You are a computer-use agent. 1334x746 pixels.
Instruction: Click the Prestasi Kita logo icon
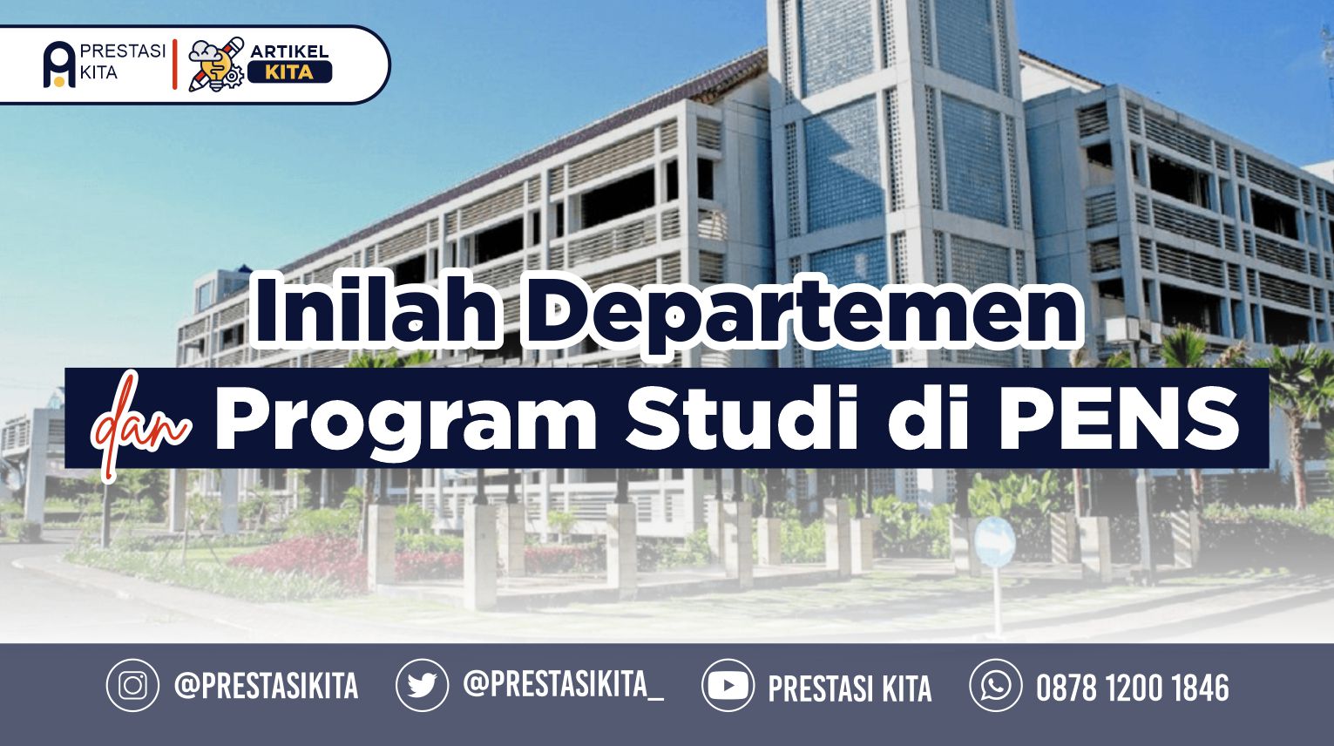coord(59,64)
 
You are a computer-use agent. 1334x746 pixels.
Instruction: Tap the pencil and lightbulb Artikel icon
coord(216,64)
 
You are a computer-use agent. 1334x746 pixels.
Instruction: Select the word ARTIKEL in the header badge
coord(289,51)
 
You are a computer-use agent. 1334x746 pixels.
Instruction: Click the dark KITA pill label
coord(289,72)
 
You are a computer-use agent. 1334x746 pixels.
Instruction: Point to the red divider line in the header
coord(175,64)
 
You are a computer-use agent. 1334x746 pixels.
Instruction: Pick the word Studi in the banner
coord(741,417)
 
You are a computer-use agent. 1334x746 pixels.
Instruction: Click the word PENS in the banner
coord(1119,417)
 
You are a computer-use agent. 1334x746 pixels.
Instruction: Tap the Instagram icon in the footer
coord(132,685)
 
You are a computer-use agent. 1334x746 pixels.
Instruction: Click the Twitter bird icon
coord(423,685)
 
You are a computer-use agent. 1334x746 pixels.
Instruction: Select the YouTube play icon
coord(728,685)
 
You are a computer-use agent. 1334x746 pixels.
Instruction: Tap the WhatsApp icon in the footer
coord(996,685)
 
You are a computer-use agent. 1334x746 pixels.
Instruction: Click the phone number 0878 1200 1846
coord(1132,687)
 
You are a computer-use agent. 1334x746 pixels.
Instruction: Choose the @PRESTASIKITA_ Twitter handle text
coord(564,684)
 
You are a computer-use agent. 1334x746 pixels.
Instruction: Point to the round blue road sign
coord(994,541)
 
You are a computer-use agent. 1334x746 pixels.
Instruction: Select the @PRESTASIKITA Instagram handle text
coord(267,685)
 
